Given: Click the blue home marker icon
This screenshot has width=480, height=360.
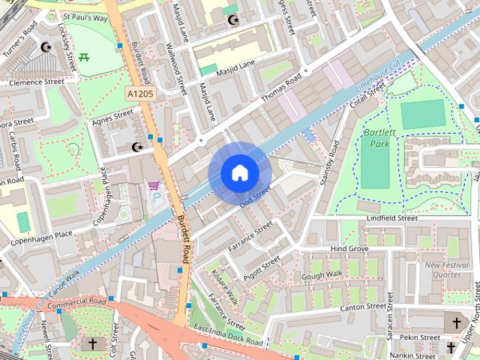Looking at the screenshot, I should pyautogui.click(x=239, y=173).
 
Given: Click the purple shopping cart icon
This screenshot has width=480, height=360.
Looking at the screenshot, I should pyautogui.click(x=154, y=185).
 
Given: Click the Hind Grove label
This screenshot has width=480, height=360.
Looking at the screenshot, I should pyautogui.click(x=349, y=248).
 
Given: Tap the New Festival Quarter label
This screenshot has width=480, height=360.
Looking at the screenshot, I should pyautogui.click(x=442, y=270).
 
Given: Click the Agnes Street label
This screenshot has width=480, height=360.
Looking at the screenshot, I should pyautogui.click(x=112, y=118).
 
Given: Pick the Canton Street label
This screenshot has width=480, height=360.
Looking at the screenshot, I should pyautogui.click(x=362, y=307).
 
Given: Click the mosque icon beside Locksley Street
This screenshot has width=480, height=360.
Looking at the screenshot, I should pyautogui.click(x=46, y=47).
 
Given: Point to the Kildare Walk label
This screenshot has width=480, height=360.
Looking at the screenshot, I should pyautogui.click(x=223, y=286).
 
